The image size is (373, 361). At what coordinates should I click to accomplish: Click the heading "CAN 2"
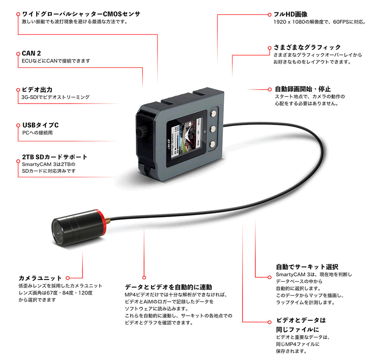pyautogui.click(x=31, y=54)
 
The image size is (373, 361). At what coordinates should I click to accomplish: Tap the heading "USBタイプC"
pyautogui.click(x=40, y=125)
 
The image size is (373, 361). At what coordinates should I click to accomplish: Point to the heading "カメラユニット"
pyautogui.click(x=40, y=278)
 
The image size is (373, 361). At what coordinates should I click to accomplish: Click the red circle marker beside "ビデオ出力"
pyautogui.click(x=18, y=89)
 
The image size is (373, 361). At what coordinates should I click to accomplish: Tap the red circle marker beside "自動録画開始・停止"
pyautogui.click(x=269, y=89)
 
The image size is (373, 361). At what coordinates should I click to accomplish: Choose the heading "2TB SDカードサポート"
pyautogui.click(x=55, y=157)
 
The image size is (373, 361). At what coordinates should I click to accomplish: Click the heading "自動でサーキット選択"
pyautogui.click(x=307, y=267)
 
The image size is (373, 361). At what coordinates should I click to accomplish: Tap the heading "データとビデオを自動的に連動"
pyautogui.click(x=168, y=287)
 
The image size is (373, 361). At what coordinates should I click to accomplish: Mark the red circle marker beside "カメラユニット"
pyautogui.click(x=68, y=277)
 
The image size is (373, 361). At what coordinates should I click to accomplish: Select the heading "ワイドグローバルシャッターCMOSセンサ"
pyautogui.click(x=81, y=14)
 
